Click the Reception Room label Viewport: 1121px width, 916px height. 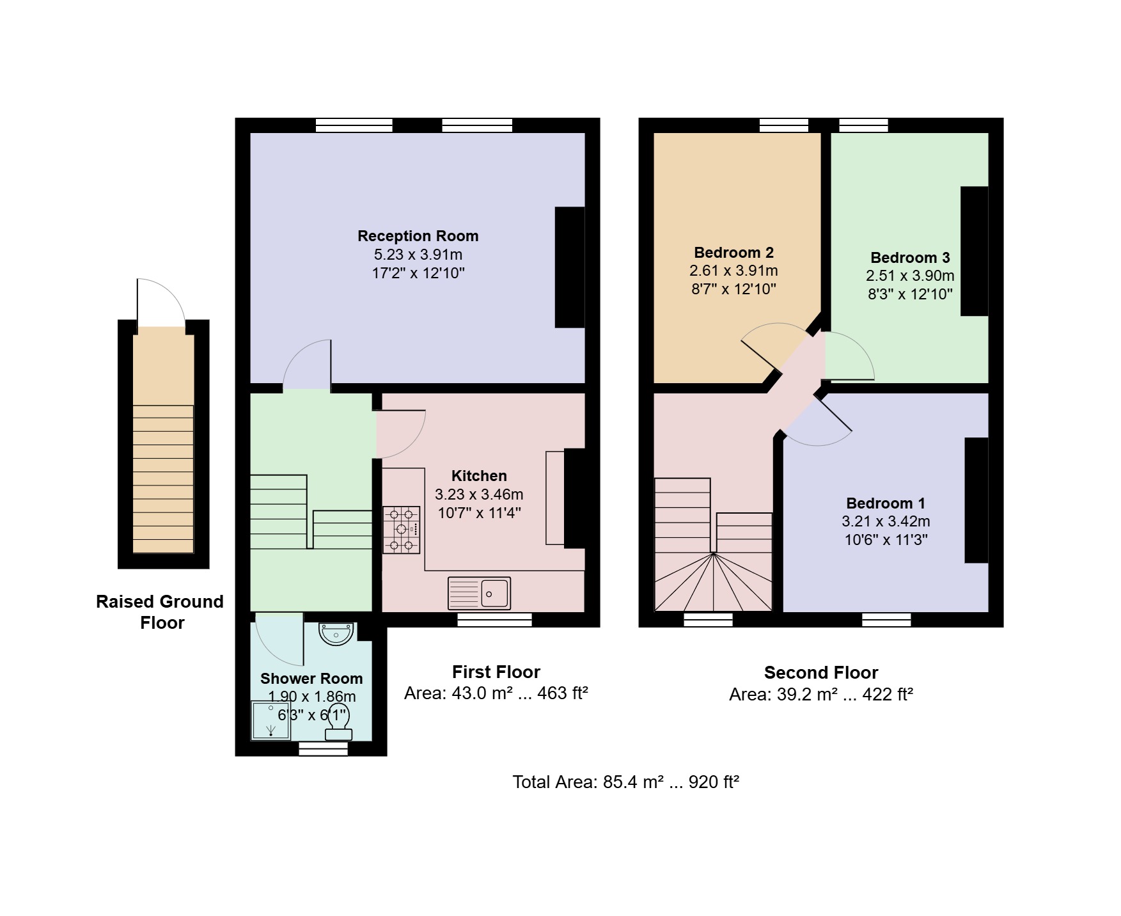click(x=418, y=236)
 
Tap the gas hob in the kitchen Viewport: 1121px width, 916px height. click(x=402, y=530)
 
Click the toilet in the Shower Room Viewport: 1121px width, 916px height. click(x=338, y=725)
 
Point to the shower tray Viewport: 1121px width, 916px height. click(x=270, y=721)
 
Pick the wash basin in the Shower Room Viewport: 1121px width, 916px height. click(x=336, y=633)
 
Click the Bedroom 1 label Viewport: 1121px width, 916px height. click(x=886, y=503)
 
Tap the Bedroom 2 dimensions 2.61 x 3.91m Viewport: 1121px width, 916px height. click(x=733, y=271)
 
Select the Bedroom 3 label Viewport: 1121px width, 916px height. click(x=910, y=258)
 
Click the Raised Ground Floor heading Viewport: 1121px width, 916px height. click(x=160, y=612)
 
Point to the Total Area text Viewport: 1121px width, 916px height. click(x=626, y=782)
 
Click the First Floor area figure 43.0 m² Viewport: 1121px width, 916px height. click(x=480, y=693)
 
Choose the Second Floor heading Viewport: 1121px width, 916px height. click(x=821, y=672)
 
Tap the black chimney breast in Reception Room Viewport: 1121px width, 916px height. click(x=570, y=267)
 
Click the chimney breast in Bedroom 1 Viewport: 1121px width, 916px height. click(x=976, y=500)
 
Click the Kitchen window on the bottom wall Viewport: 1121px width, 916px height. click(x=494, y=619)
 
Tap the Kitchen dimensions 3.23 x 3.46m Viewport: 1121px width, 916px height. click(x=479, y=494)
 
